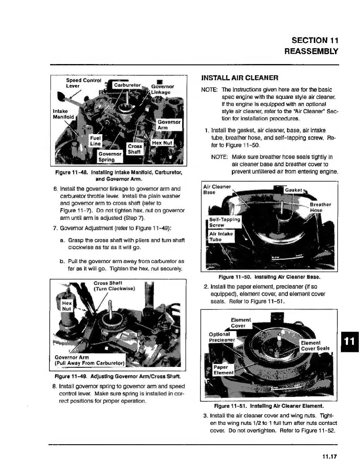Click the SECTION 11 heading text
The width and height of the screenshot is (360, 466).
click(x=315, y=40)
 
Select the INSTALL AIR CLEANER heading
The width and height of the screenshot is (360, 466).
click(x=240, y=78)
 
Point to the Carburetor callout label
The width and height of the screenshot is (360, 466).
click(x=127, y=85)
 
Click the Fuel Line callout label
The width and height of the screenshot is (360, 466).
click(x=95, y=141)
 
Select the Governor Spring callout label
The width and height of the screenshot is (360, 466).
click(x=110, y=157)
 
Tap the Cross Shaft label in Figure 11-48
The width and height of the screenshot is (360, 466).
click(x=135, y=149)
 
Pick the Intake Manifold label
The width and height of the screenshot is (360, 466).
click(x=63, y=114)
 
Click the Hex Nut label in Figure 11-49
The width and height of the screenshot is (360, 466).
click(x=67, y=306)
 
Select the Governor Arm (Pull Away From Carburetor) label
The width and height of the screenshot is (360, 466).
click(x=90, y=360)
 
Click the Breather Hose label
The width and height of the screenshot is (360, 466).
click(x=320, y=207)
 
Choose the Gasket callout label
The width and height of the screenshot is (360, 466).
click(x=293, y=190)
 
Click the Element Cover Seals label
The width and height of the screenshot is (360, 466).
click(x=315, y=345)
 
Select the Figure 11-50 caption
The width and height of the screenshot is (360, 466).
click(x=269, y=277)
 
